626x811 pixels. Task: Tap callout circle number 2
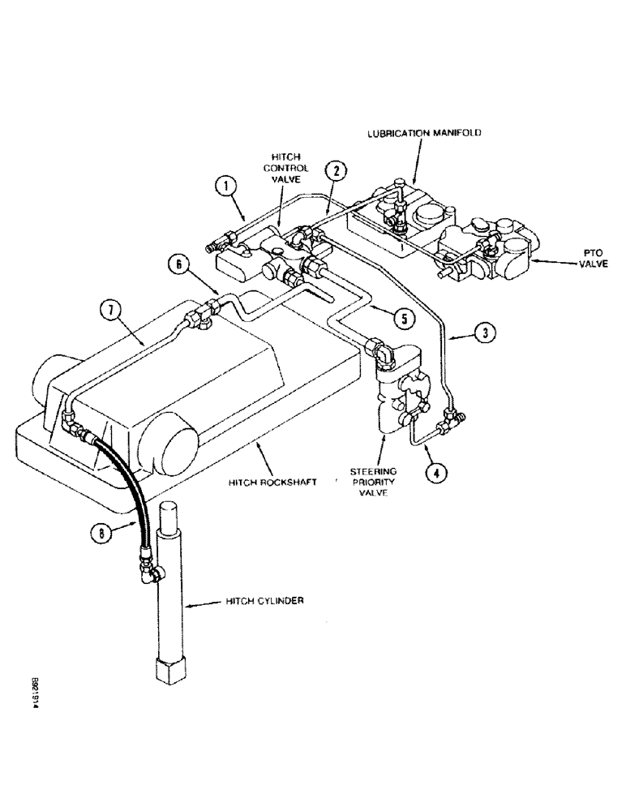click(336, 172)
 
